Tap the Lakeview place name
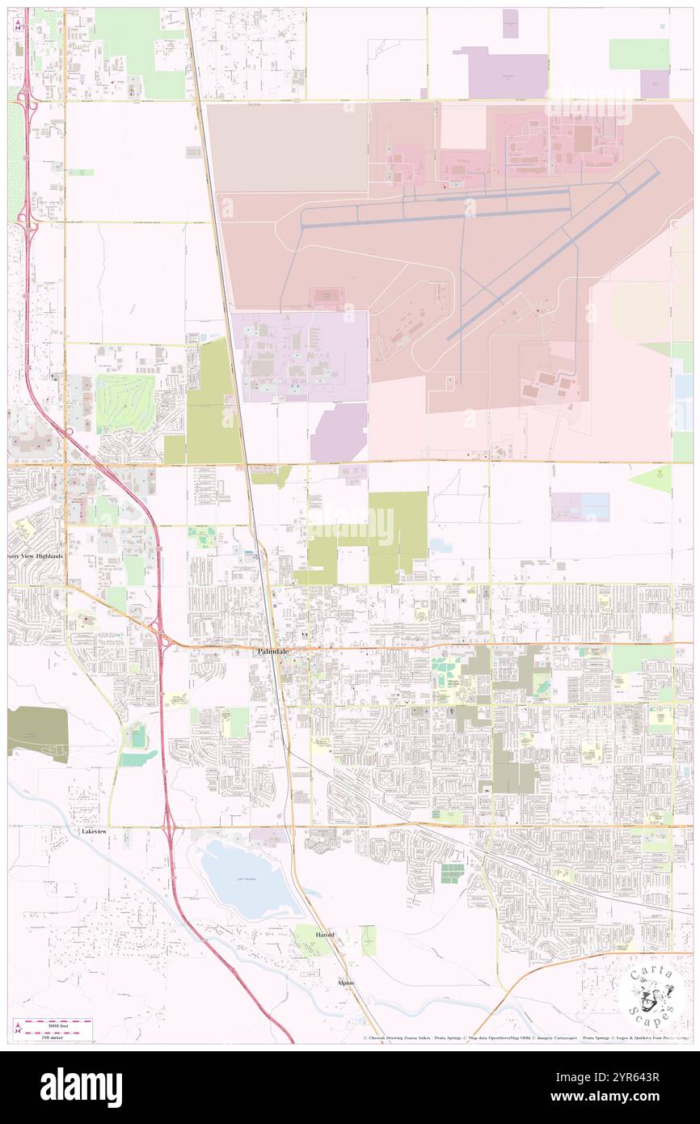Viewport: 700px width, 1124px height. (94, 830)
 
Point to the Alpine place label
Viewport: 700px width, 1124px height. (345, 982)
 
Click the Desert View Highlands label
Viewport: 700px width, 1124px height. (36, 556)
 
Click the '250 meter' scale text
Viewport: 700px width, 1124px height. (56, 1036)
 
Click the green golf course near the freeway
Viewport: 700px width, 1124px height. (125, 402)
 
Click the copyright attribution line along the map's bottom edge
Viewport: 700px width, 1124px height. (525, 1037)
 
